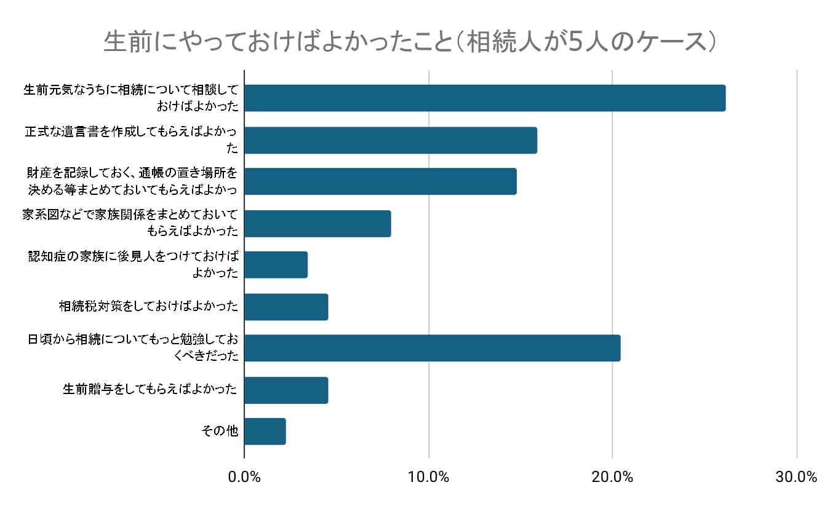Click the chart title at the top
click(410, 42)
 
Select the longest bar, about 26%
click(485, 98)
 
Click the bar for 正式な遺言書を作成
click(391, 140)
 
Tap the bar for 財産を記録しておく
click(380, 181)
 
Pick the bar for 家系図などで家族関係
click(317, 223)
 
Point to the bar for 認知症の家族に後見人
click(276, 265)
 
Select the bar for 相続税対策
click(286, 307)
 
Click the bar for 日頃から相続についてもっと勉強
click(432, 348)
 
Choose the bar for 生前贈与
click(286, 390)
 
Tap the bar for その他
click(265, 432)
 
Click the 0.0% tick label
click(244, 477)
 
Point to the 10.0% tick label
click(428, 477)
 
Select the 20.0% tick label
click(612, 477)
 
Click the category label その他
click(220, 431)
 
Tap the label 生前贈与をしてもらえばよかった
click(150, 389)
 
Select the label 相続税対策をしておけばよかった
click(148, 306)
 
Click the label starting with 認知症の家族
click(133, 264)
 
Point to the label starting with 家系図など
click(130, 223)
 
